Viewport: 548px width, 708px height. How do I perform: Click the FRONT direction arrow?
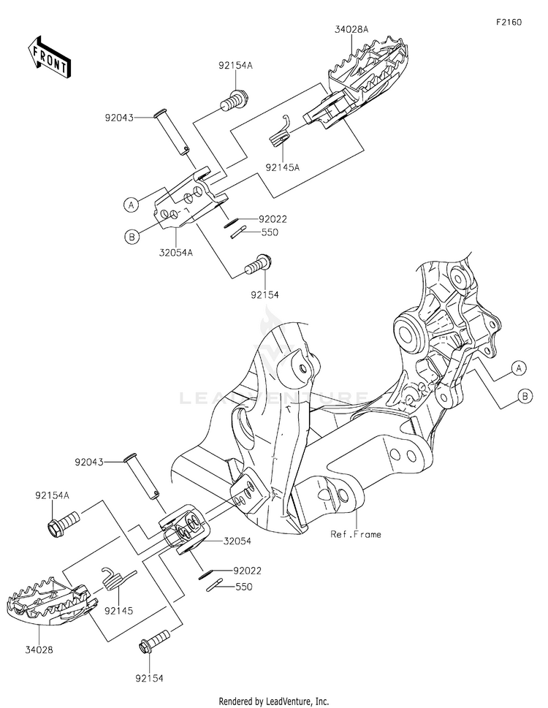pos(48,57)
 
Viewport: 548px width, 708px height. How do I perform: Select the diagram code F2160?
pos(509,22)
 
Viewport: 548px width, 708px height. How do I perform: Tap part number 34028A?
pos(351,30)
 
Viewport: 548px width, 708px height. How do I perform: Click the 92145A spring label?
pos(283,167)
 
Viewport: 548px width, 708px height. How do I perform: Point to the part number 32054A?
pos(175,252)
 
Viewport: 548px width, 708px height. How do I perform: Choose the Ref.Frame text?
pos(356,535)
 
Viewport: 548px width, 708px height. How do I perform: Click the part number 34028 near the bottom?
pos(39,650)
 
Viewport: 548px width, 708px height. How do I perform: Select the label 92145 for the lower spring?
pos(118,611)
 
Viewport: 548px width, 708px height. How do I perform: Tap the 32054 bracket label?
pos(237,541)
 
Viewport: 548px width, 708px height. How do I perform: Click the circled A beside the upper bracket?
pos(131,205)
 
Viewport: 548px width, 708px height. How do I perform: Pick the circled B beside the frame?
pos(525,397)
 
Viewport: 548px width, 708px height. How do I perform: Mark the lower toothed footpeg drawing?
pos(52,601)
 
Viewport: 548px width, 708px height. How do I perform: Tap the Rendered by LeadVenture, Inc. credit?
pos(274,701)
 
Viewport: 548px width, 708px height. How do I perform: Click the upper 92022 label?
pos(273,219)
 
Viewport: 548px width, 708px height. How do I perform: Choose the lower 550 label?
pos(244,587)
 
